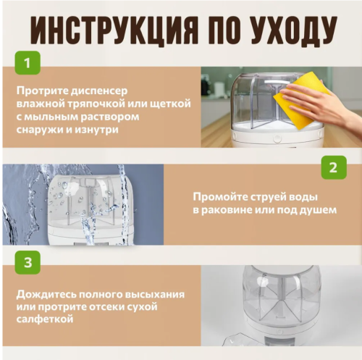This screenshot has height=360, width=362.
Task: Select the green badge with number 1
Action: click(27, 63)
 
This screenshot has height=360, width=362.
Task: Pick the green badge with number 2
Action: click(332, 167)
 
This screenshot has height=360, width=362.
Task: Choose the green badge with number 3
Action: click(27, 263)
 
